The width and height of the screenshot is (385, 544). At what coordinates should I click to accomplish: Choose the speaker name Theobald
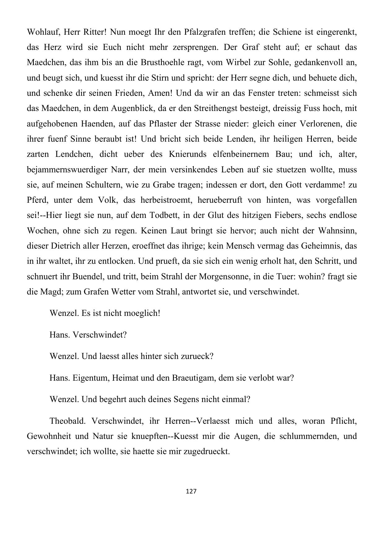pyautogui.click(x=66, y=421)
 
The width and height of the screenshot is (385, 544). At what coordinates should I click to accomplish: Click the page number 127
pyautogui.click(x=191, y=491)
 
